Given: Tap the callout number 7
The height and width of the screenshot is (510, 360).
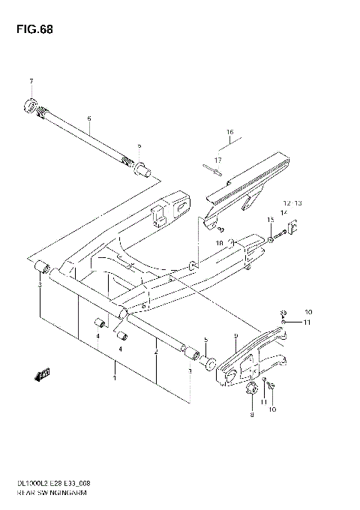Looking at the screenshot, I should coord(31,81).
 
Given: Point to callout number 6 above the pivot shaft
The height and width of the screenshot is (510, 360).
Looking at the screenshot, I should coord(88,118).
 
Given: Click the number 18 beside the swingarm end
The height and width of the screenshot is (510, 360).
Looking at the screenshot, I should coord(220,242).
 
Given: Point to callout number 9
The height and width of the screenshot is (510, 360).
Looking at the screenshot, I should coord(235,335).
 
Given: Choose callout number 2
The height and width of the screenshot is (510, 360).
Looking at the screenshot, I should coord(155,352).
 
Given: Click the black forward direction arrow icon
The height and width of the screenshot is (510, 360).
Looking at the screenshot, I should coord(43,372).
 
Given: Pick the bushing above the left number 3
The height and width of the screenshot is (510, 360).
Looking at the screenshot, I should coord(43,267).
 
